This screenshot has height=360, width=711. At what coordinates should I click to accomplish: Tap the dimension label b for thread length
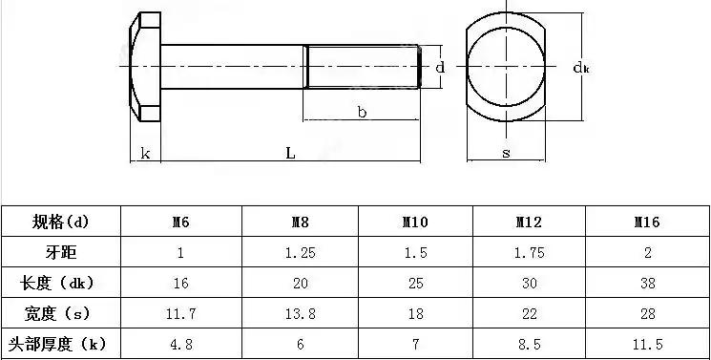pyautogui.click(x=362, y=112)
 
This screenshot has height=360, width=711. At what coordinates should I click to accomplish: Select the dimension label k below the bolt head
pyautogui.click(x=145, y=153)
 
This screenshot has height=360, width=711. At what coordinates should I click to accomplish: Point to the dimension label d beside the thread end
pyautogui.click(x=440, y=68)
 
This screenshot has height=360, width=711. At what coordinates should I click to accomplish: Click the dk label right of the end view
pyautogui.click(x=579, y=67)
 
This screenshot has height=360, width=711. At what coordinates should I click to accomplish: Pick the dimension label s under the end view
pyautogui.click(x=505, y=153)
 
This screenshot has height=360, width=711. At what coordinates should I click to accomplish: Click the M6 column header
pyautogui.click(x=180, y=222)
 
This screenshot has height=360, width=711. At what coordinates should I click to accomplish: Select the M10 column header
pyautogui.click(x=414, y=222)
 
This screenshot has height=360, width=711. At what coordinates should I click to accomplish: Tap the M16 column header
pyautogui.click(x=648, y=222)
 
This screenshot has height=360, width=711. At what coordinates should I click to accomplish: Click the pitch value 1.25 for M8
pyautogui.click(x=299, y=253)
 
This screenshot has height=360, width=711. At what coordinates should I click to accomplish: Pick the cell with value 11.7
pyautogui.click(x=180, y=313)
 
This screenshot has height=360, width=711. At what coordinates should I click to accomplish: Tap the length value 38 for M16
pyautogui.click(x=648, y=284)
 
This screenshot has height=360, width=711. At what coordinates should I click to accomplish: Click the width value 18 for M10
pyautogui.click(x=414, y=313)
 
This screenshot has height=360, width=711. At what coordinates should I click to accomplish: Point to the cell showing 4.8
pyautogui.click(x=180, y=343)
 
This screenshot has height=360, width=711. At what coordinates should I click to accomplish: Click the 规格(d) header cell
pyautogui.click(x=60, y=222)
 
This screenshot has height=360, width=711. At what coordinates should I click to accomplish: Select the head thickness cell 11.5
pyautogui.click(x=648, y=343)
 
